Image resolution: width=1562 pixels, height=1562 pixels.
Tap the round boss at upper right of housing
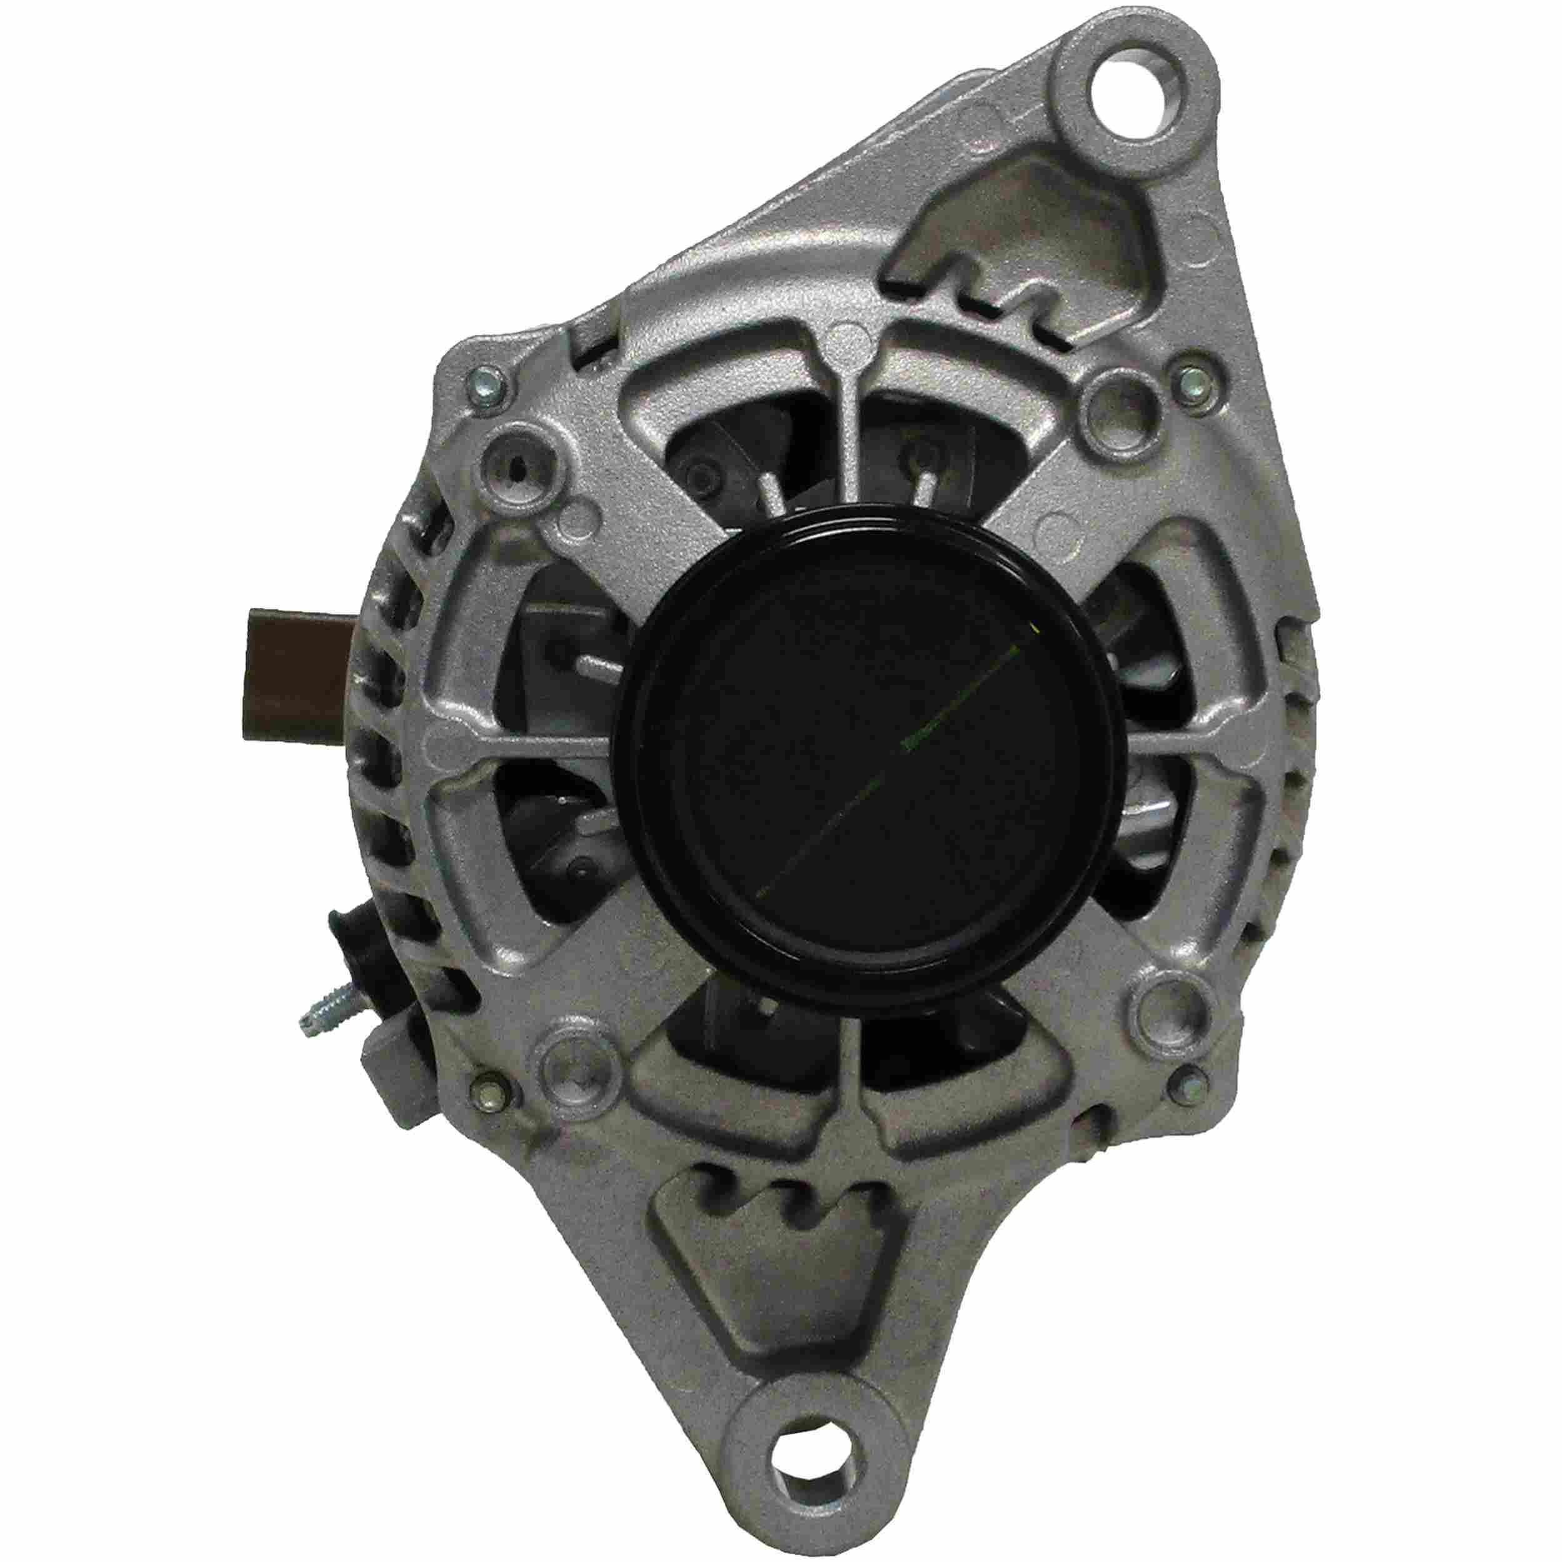pyautogui.click(x=1122, y=399)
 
